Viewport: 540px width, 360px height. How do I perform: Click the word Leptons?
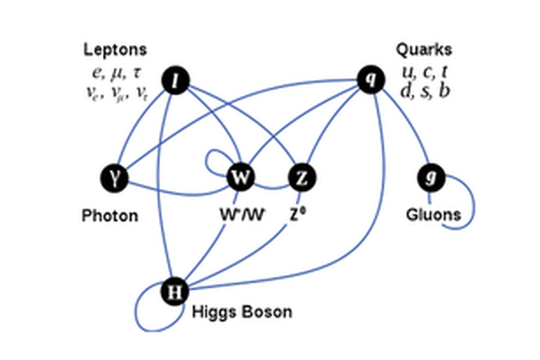115,50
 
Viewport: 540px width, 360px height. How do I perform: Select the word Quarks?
424,50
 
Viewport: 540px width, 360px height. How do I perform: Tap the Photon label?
109,215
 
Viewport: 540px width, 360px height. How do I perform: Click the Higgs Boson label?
242,312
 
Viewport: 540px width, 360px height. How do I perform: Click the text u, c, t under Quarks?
425,72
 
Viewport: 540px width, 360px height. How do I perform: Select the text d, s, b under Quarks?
425,91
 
